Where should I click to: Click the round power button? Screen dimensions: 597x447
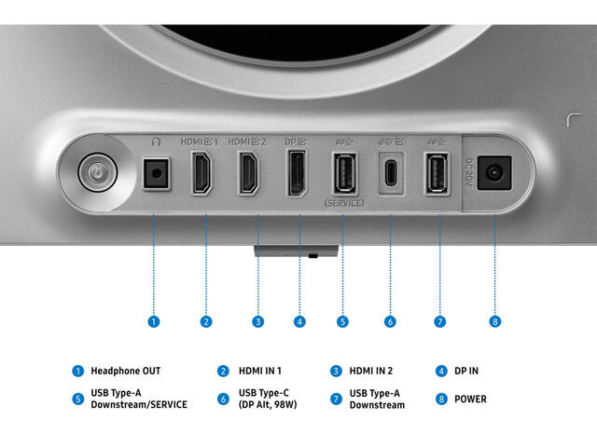tap(98, 172)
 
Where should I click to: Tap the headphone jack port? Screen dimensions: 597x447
tap(156, 174)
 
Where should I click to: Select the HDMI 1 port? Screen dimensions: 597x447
tap(201, 173)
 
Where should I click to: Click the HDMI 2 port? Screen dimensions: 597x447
tap(249, 173)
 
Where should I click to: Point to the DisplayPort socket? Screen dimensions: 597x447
tap(297, 173)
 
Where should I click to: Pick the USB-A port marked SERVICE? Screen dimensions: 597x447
tap(345, 173)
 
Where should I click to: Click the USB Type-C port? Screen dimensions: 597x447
tap(391, 173)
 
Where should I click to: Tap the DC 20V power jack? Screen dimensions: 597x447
tap(494, 173)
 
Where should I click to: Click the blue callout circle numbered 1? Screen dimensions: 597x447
tap(153, 321)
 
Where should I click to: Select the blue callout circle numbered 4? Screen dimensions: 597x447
tap(299, 321)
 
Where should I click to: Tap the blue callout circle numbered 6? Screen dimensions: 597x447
tap(390, 321)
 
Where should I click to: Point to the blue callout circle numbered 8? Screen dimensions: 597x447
tap(495, 321)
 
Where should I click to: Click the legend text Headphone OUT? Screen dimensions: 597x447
tap(126, 371)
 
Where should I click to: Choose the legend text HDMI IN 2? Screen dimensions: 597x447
tap(371, 371)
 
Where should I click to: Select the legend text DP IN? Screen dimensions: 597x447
tap(466, 371)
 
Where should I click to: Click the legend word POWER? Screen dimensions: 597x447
tap(470, 400)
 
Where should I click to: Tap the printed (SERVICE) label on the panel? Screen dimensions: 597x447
tap(344, 203)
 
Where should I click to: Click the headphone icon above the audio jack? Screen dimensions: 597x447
tap(156, 142)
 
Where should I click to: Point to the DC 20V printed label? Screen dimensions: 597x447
tap(468, 172)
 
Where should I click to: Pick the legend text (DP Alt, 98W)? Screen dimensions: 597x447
tap(268, 404)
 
